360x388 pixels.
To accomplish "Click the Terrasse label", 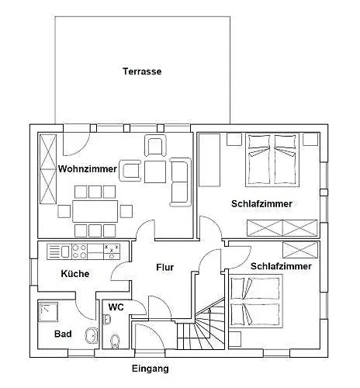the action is [x=142, y=71].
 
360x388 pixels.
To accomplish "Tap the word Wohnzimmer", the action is [x=88, y=169].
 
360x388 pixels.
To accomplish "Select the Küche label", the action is [x=75, y=273].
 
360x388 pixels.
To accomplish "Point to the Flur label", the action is [x=165, y=267].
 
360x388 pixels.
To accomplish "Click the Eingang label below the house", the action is [x=151, y=369].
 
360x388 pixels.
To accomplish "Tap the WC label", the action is [x=116, y=307].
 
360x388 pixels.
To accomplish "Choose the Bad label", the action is [x=63, y=334].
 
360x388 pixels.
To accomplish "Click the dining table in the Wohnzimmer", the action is [x=95, y=211].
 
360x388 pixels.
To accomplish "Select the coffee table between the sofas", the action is [x=155, y=171].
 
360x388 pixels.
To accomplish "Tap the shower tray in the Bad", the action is [x=48, y=313].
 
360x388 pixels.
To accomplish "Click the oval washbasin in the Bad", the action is [x=92, y=335].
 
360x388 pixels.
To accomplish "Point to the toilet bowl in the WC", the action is [x=114, y=341].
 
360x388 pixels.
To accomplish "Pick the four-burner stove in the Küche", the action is [x=79, y=251].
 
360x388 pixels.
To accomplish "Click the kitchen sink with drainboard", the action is [x=59, y=251].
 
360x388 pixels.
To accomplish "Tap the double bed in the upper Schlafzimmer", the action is [x=272, y=160].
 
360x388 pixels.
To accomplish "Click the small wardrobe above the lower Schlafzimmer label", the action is [x=300, y=250].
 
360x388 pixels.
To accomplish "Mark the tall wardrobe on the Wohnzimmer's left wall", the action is [x=48, y=169].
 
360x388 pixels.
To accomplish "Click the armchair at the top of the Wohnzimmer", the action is [x=155, y=147].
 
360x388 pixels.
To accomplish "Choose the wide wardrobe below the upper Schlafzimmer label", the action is [x=282, y=228].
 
